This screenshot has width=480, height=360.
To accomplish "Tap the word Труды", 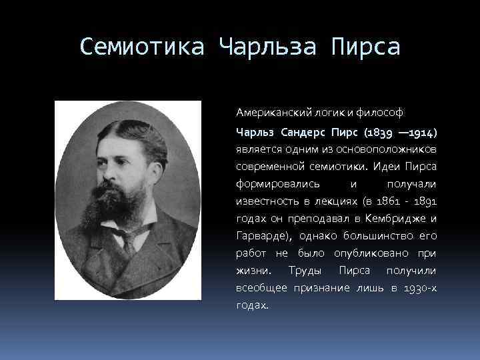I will coord(303,271).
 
